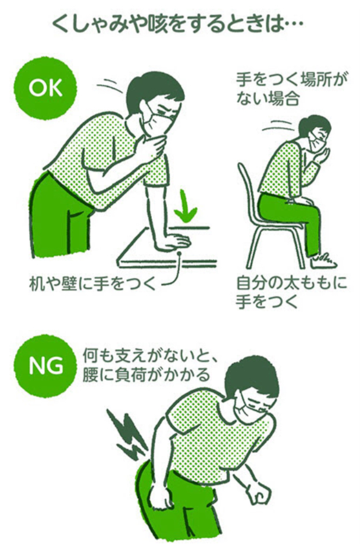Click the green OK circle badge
coord(45,88)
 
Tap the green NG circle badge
coord(45,366)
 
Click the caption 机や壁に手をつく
coord(92,284)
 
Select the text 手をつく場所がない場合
coord(291,90)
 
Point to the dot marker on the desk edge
coord(180,255)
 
